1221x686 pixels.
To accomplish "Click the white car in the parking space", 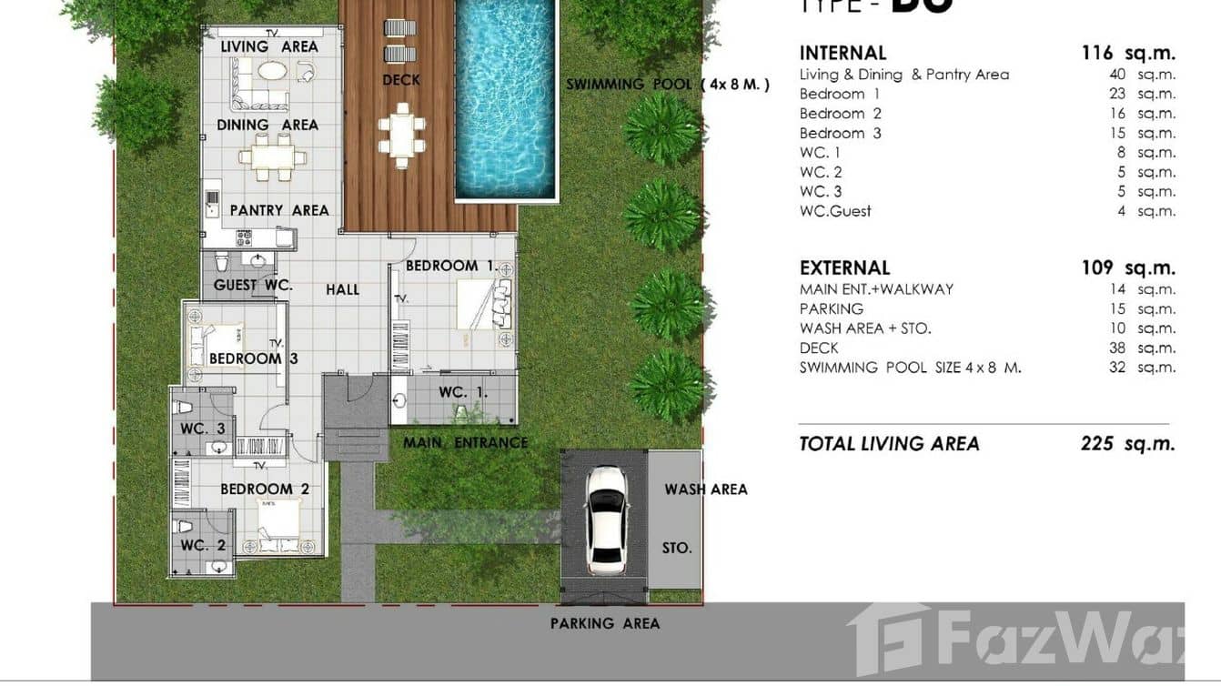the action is click(x=606, y=520).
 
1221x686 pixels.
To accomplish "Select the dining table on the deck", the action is click(x=401, y=135).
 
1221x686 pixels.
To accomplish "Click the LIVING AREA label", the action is click(x=269, y=46).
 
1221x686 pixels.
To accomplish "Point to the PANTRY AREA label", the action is click(x=279, y=210).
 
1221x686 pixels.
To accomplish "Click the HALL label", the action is click(x=343, y=289).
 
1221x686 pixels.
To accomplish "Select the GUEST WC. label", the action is click(x=253, y=285).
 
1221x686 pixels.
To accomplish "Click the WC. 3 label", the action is click(x=202, y=429).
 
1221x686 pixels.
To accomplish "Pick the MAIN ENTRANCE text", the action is click(x=465, y=443).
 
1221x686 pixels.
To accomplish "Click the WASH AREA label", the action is click(x=705, y=489).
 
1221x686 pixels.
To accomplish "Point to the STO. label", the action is click(x=677, y=548).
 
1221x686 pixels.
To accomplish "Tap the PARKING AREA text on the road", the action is click(x=605, y=623).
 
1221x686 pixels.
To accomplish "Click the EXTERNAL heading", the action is click(x=844, y=267).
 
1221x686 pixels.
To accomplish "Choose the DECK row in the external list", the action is click(x=819, y=348).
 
